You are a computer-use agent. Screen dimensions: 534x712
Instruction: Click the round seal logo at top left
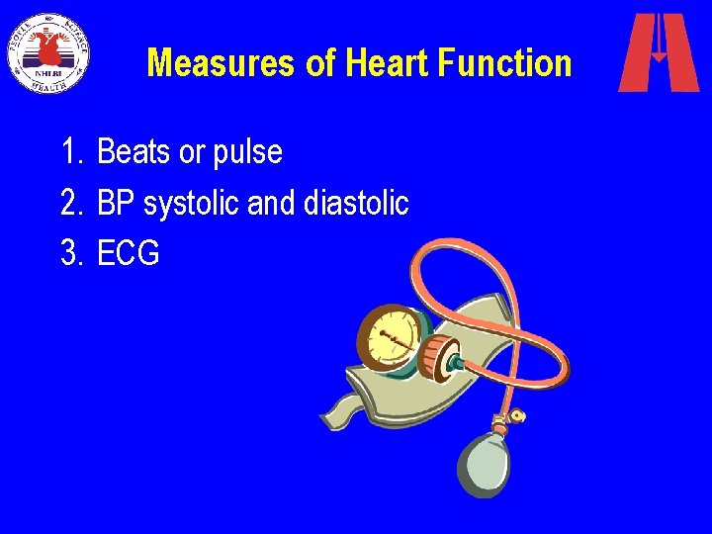click(47, 52)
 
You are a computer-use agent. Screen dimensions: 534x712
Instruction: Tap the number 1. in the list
click(72, 152)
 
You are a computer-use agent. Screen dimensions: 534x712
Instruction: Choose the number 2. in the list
click(72, 203)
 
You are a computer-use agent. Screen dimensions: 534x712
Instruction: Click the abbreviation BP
click(117, 203)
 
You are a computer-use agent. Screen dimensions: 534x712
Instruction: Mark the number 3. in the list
click(72, 253)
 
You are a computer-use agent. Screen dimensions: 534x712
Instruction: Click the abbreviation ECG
click(129, 253)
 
